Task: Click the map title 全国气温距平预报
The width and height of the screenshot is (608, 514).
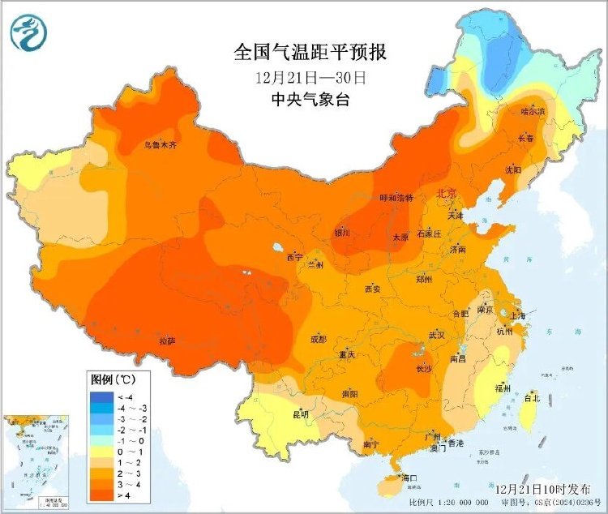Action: point(310,54)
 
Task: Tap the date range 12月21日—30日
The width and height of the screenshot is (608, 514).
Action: point(310,78)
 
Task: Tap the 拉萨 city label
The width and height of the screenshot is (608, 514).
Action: point(167,341)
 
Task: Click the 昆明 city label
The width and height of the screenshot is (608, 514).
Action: point(301,414)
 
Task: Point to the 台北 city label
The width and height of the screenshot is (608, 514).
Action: point(532,398)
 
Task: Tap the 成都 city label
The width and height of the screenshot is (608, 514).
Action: point(318,338)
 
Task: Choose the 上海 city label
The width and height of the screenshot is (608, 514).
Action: point(519,315)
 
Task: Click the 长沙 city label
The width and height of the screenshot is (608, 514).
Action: point(424,368)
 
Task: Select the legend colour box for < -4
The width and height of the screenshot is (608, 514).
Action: point(101,396)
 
